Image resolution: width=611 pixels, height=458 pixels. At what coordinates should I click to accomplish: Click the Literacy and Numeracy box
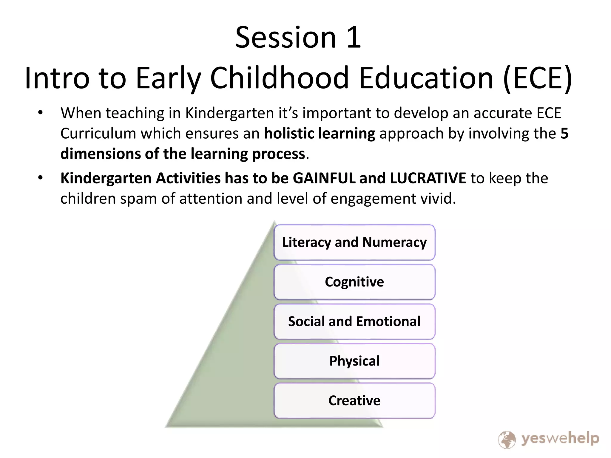pos(354,242)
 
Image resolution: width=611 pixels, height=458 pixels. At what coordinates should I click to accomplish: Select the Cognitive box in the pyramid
pos(354,282)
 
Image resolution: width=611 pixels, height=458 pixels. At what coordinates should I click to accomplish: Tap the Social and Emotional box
pos(354,321)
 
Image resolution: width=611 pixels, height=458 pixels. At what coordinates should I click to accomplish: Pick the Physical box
pos(354,361)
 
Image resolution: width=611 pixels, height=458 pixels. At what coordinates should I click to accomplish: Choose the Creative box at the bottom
pos(354,400)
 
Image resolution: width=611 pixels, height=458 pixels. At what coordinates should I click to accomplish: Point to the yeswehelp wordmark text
pos(560,438)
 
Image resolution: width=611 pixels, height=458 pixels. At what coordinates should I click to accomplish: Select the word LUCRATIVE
pos(428,178)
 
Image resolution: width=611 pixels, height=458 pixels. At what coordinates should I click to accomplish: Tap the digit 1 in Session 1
pos(354,38)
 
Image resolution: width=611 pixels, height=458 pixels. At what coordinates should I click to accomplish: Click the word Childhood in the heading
pos(279,78)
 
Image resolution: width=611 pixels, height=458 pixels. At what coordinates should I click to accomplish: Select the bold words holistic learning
pos(320,133)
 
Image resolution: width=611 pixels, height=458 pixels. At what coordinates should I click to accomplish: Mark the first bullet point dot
pos(41,113)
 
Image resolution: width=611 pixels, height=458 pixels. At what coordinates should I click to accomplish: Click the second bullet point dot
pos(41,178)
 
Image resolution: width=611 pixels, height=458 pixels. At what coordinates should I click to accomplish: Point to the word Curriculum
pos(98,133)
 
